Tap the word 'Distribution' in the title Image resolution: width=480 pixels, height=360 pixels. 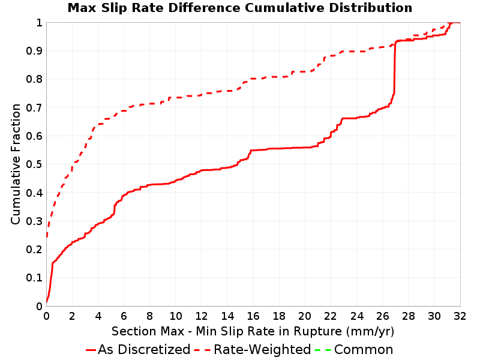pos(371,8)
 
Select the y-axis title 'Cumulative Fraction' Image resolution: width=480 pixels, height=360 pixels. pos(16,164)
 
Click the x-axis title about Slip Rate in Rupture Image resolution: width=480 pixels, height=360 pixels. pos(253,331)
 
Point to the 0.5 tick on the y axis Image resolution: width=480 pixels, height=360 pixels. pos(34,164)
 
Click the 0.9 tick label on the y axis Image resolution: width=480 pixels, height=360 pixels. pos(34,51)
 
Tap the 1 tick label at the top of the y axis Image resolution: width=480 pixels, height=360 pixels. pos(39,23)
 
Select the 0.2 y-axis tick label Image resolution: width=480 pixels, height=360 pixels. pos(34,250)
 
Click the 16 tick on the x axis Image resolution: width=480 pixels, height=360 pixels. pos(253,316)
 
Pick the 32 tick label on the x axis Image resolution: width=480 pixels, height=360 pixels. pos(460,316)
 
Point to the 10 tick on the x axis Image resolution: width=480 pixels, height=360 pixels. pos(176,316)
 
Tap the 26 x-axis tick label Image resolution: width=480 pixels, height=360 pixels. pos(382,316)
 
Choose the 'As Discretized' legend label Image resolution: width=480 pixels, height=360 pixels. pos(144,350)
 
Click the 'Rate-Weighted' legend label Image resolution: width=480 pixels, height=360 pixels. pos(262,350)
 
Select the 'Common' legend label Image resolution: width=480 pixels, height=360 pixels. pos(364,350)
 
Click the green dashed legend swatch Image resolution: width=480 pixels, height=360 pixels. pos(323,350)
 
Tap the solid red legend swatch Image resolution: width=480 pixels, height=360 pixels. pos(91,350)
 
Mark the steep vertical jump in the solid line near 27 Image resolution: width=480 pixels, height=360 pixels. pos(395,68)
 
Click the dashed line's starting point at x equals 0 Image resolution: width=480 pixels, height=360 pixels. pos(47,236)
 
